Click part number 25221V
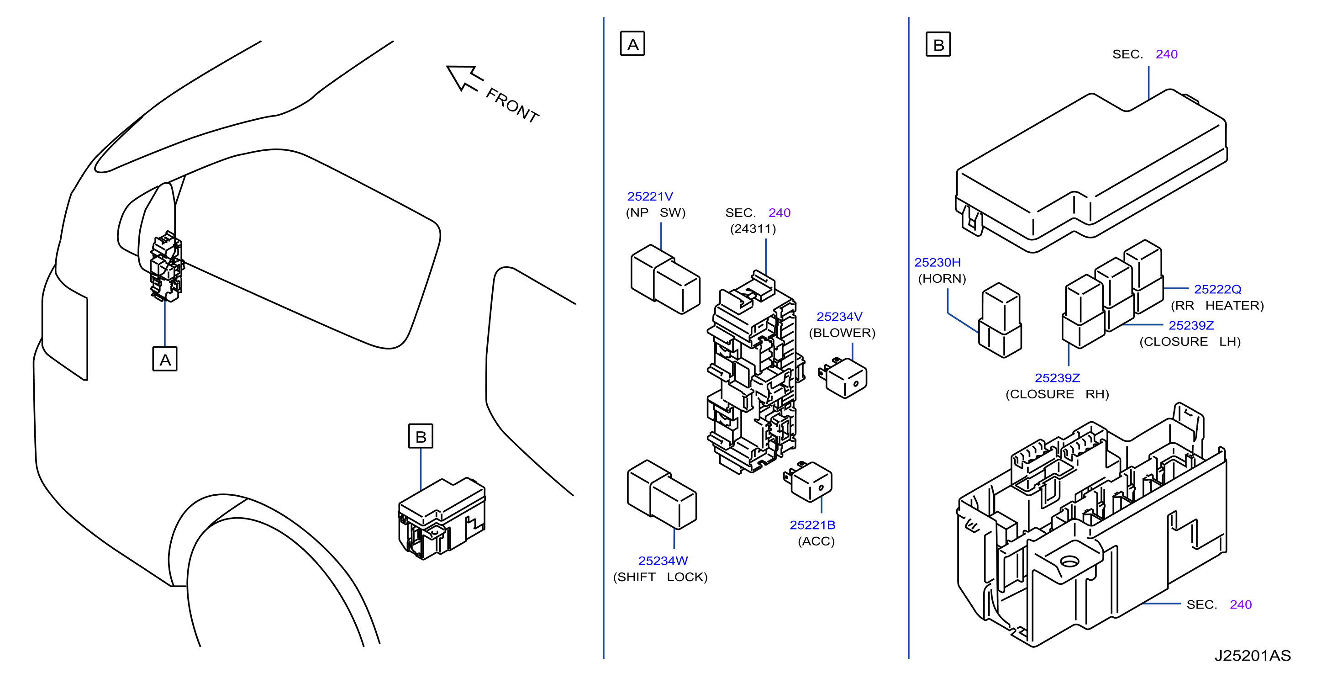(650, 196)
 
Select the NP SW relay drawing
(665, 279)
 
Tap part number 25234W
(663, 561)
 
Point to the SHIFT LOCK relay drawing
(662, 494)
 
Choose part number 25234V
(839, 317)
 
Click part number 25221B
(812, 525)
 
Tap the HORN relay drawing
(1000, 320)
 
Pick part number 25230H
(937, 262)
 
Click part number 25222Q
(1218, 290)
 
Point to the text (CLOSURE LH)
(1190, 342)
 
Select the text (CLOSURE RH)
(1057, 394)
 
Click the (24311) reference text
(753, 229)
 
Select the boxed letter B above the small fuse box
(420, 436)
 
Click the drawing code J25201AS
(1253, 656)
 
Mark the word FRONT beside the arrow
(512, 106)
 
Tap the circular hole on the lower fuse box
(1069, 561)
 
